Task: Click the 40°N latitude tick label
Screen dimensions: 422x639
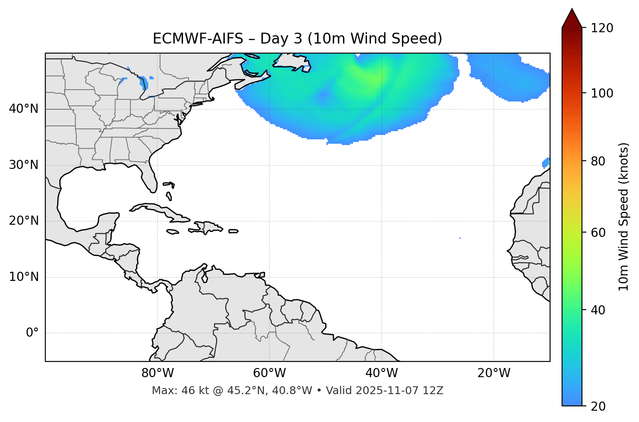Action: [24, 109]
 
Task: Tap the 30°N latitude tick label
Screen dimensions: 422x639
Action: [24, 165]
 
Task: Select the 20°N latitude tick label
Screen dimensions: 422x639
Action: [24, 221]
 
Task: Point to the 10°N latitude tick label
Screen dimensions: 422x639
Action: [24, 277]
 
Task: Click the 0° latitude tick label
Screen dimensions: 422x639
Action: [32, 333]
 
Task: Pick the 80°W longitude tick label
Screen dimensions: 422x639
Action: [157, 373]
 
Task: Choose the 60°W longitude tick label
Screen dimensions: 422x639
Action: [269, 373]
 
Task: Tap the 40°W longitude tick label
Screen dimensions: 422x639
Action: [382, 373]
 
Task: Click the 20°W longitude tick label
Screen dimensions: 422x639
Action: [494, 373]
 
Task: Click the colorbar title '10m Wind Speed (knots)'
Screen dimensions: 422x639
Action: [624, 216]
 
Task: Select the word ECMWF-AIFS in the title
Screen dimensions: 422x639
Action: [198, 39]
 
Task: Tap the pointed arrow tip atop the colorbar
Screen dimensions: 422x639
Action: [572, 10]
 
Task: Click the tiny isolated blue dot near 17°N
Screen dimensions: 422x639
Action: [460, 238]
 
